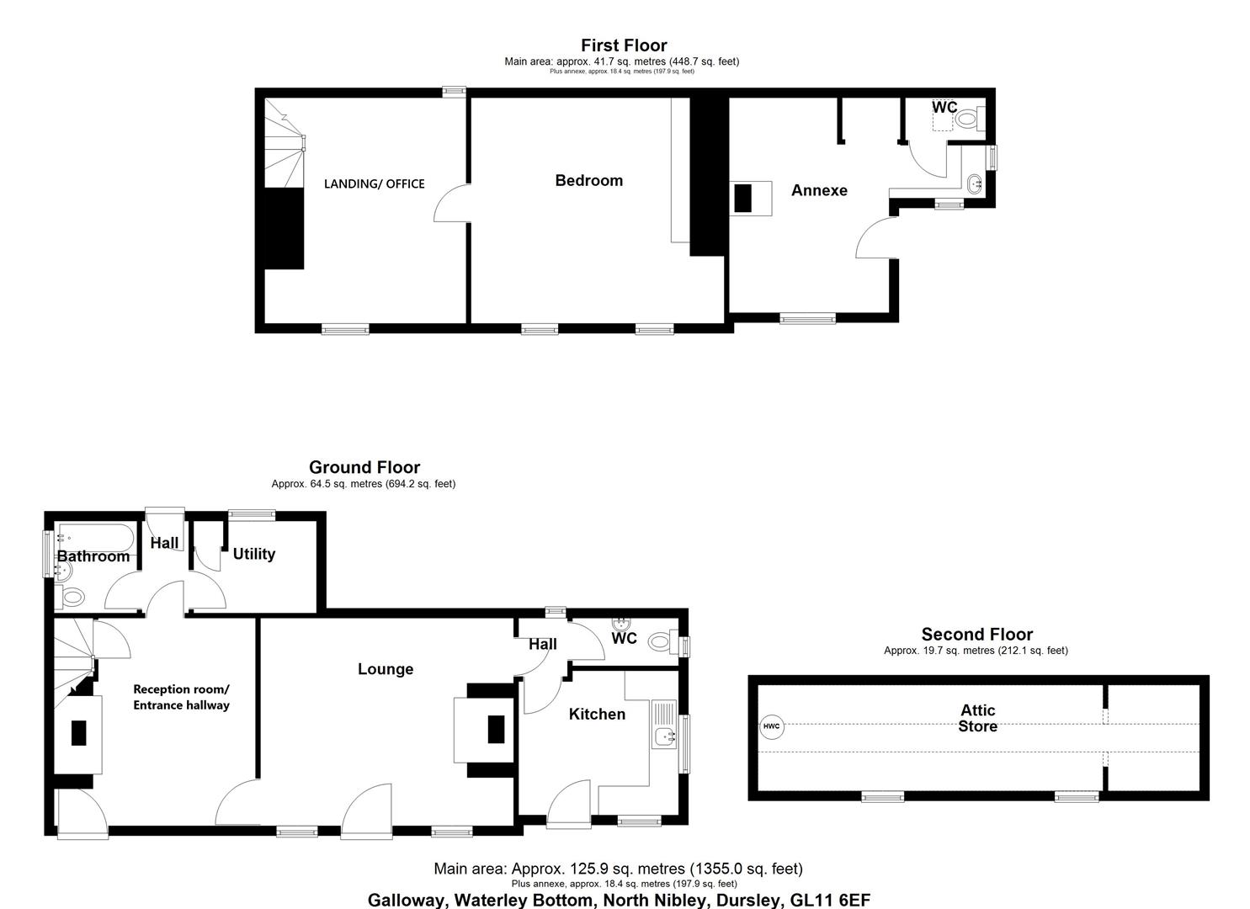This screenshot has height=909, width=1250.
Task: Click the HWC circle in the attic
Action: click(772, 726)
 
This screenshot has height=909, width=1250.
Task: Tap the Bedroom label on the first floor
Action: click(588, 180)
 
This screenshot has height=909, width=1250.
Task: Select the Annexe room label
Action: click(819, 190)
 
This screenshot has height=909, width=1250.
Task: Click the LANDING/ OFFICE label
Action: click(374, 183)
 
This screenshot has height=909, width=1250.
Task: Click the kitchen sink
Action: click(664, 737)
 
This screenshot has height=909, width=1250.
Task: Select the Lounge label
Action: click(386, 669)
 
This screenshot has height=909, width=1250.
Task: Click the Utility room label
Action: click(254, 554)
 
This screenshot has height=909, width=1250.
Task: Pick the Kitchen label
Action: click(597, 715)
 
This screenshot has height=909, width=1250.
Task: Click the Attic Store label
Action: click(977, 718)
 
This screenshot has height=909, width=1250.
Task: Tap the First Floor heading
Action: click(624, 45)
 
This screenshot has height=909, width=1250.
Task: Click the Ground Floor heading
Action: click(364, 467)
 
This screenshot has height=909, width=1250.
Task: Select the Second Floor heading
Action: click(977, 635)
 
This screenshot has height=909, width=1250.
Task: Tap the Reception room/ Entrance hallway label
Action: click(181, 697)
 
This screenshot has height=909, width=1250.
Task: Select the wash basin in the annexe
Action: click(975, 183)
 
